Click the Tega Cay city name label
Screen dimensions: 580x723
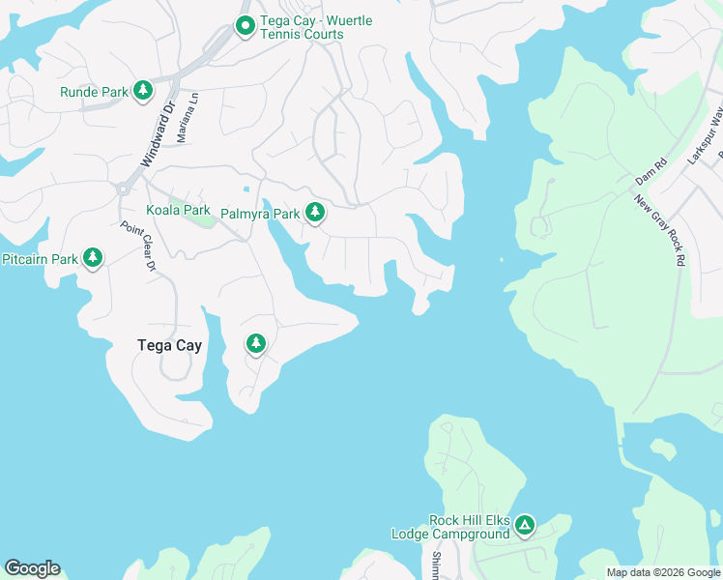tap(169, 345)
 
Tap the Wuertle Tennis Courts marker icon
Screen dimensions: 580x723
tap(246, 26)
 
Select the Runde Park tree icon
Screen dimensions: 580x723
tap(143, 91)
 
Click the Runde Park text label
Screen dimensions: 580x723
tap(94, 92)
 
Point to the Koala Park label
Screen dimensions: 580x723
tap(178, 210)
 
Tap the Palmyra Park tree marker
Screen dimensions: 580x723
tap(314, 212)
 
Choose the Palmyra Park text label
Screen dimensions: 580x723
tap(260, 213)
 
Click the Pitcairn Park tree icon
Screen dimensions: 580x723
tap(93, 258)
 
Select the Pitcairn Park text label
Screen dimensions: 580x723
tap(40, 259)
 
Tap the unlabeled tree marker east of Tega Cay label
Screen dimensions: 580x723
tap(256, 343)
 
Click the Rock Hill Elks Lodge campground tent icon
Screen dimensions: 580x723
tap(524, 526)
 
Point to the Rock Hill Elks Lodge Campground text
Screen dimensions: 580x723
tap(450, 527)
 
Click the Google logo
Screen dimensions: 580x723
tap(32, 568)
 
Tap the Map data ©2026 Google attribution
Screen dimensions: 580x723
tap(663, 572)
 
